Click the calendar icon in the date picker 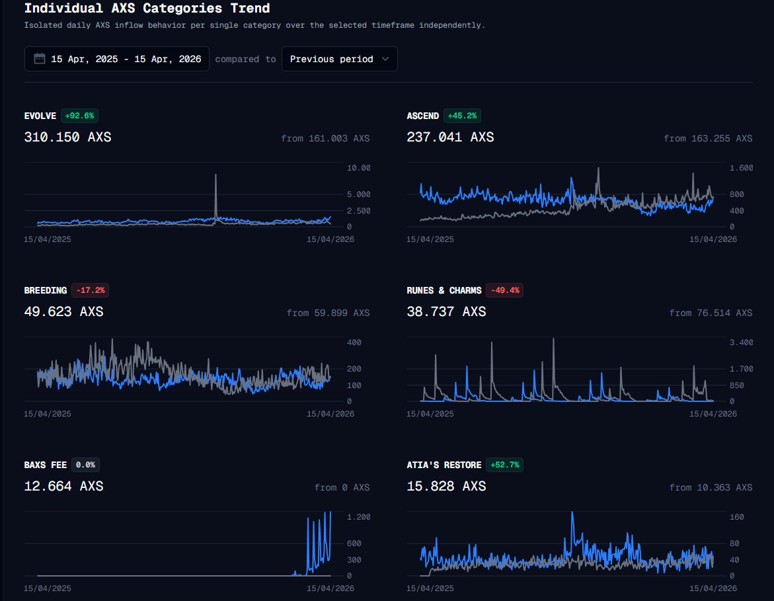[40, 59]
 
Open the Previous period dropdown [339, 59]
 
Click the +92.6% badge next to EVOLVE [79, 116]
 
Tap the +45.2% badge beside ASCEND [462, 116]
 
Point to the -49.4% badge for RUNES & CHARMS [504, 290]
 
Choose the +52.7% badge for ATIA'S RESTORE [504, 465]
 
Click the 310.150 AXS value [67, 138]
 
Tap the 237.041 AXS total [450, 138]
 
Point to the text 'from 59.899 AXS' [328, 313]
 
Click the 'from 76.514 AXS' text [711, 313]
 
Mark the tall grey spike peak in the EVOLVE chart [216, 175]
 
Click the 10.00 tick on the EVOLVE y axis [359, 168]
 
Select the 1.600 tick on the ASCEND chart [741, 168]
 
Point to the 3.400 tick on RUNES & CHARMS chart [741, 342]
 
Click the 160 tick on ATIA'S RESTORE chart [736, 517]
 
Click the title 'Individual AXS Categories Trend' [147, 9]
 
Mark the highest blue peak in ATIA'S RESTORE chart [572, 512]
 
